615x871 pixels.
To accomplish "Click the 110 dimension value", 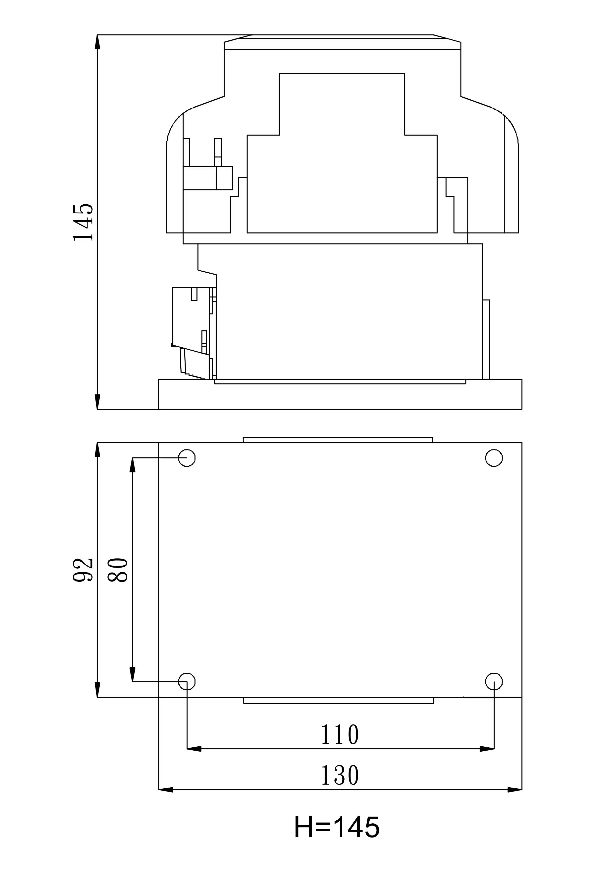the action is pyautogui.click(x=340, y=735).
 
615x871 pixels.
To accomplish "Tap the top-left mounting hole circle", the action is pyautogui.click(x=187, y=458).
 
